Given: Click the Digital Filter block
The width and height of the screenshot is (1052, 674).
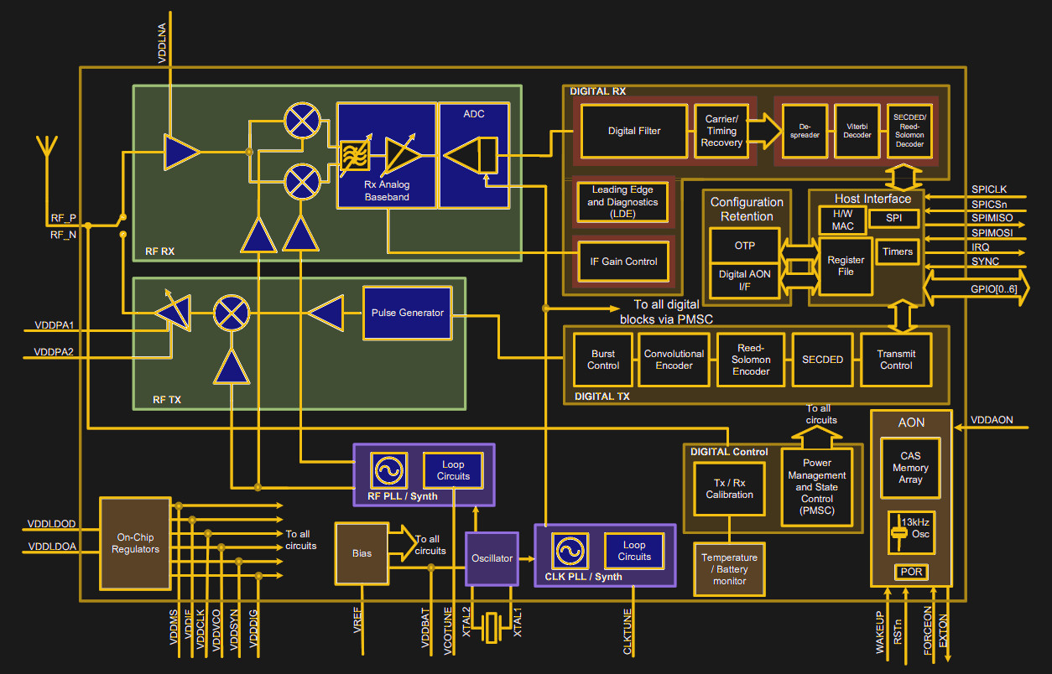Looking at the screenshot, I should pyautogui.click(x=633, y=131).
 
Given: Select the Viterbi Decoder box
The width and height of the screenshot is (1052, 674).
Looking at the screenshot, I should pyautogui.click(x=857, y=131).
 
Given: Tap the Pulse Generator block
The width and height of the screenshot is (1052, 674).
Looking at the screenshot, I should pyautogui.click(x=407, y=313).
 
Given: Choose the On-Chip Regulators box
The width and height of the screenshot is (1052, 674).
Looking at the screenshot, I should pyautogui.click(x=135, y=543).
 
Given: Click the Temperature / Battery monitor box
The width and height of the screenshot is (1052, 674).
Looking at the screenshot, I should pyautogui.click(x=729, y=569).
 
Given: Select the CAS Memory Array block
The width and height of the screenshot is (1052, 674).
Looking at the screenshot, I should pyautogui.click(x=910, y=468).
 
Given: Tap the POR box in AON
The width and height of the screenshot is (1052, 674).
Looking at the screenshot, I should pyautogui.click(x=910, y=572).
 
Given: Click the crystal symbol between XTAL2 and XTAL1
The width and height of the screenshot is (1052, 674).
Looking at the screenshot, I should pyautogui.click(x=492, y=627).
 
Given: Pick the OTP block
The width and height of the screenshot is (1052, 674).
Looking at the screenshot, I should pyautogui.click(x=744, y=246).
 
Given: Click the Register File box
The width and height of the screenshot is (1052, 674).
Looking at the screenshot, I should pyautogui.click(x=845, y=266).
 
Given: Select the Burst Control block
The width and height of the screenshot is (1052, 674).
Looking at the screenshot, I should pyautogui.click(x=602, y=360).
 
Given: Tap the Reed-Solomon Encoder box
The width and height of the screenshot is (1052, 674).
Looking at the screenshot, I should pyautogui.click(x=751, y=360).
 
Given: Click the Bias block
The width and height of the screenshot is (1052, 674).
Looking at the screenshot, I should pyautogui.click(x=362, y=553).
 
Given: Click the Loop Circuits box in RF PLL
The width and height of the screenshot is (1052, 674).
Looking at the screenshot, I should pyautogui.click(x=453, y=470).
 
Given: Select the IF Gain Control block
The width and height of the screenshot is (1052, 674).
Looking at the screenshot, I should pyautogui.click(x=622, y=262).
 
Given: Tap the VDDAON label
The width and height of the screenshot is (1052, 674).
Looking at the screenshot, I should pyautogui.click(x=992, y=420).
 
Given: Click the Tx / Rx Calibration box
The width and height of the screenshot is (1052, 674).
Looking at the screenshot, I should pyautogui.click(x=729, y=489).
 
